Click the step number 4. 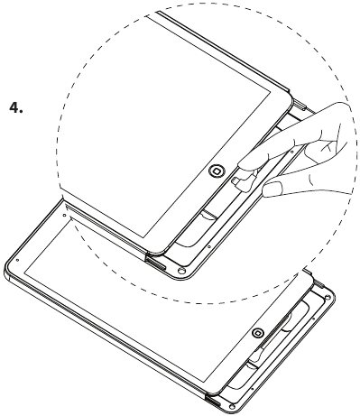[x=15, y=107]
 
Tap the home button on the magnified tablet [x=217, y=171]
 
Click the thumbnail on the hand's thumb [x=272, y=190]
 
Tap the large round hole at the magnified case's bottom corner [x=181, y=271]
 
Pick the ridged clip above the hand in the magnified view [x=300, y=106]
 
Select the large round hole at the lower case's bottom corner [x=232, y=407]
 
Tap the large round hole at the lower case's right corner [x=328, y=298]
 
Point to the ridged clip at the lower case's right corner [x=318, y=282]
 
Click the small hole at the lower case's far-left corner [x=17, y=260]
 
